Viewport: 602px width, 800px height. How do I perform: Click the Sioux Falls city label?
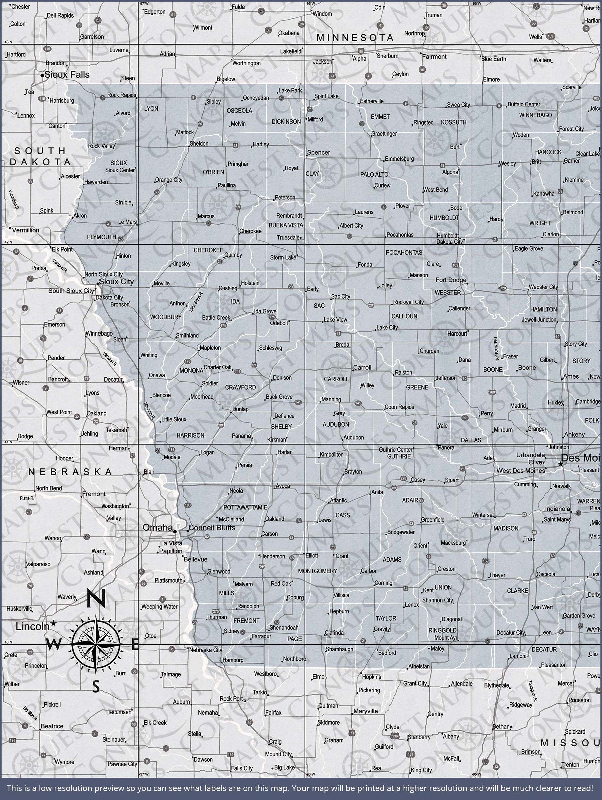(67, 75)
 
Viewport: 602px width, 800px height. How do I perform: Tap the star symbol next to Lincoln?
(53, 623)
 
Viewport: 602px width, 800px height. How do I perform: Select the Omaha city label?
(158, 527)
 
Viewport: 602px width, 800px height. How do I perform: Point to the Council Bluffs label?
(212, 528)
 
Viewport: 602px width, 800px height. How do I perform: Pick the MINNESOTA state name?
(355, 38)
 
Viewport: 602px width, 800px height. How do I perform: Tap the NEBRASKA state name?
(70, 472)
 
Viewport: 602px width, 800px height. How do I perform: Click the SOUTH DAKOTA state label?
(40, 156)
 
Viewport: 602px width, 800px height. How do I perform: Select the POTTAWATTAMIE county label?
(245, 507)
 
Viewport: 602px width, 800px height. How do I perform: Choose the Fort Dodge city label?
(451, 280)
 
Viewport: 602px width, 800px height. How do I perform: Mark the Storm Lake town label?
(283, 258)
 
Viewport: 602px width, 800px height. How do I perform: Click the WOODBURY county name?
(166, 317)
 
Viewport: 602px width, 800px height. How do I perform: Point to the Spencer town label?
(318, 153)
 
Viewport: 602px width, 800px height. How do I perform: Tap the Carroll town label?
(362, 368)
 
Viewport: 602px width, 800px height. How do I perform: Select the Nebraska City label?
(206, 650)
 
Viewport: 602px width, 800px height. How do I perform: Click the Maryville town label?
(365, 711)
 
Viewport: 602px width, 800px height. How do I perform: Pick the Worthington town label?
(246, 63)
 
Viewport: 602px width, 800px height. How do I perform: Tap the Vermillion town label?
(25, 230)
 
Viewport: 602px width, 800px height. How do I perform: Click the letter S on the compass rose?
(96, 686)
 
